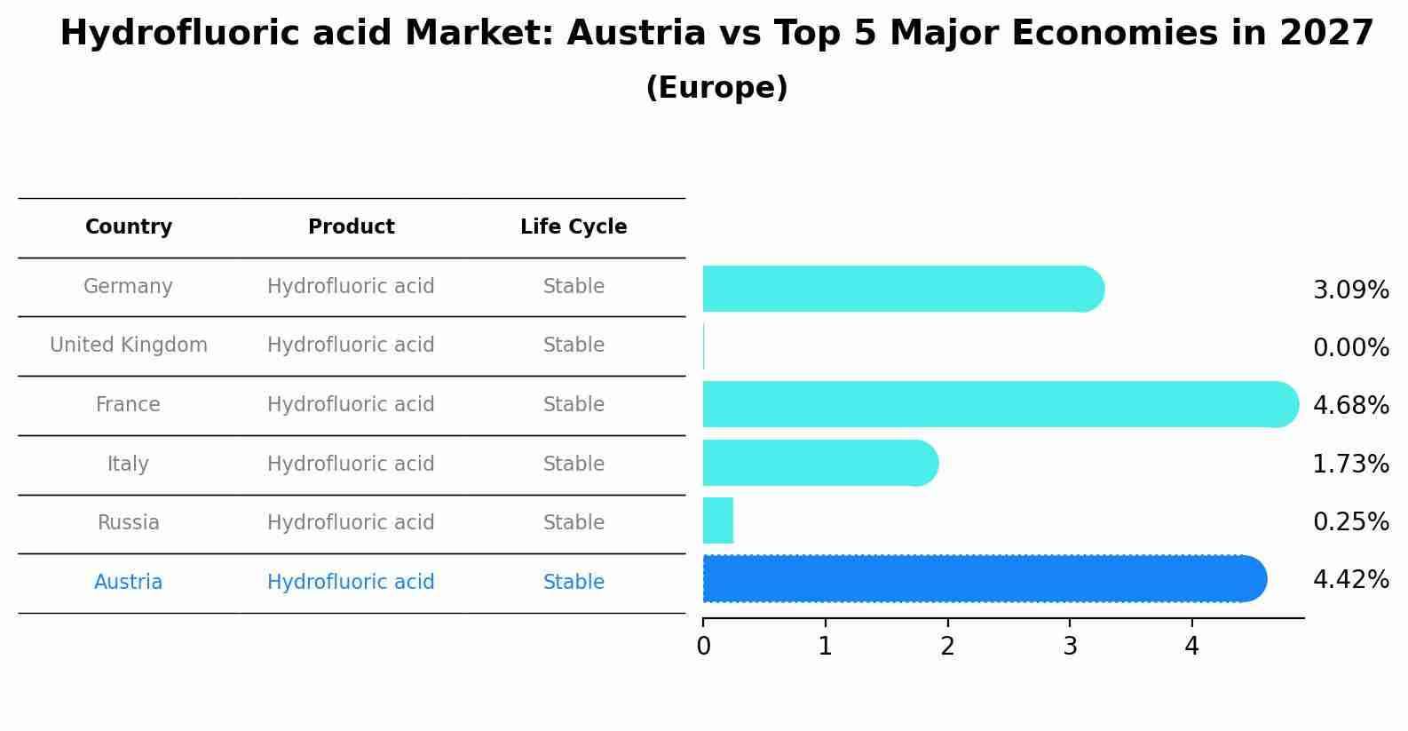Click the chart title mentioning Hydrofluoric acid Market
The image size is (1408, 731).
coord(716,34)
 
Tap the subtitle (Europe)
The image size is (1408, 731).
coord(716,88)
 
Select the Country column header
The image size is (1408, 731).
coord(129,227)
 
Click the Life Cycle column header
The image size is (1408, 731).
coord(573,227)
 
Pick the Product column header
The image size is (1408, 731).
coord(351,227)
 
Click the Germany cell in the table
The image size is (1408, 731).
coord(128,287)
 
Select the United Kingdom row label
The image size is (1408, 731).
coord(129,346)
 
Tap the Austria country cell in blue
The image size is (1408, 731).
coord(128,583)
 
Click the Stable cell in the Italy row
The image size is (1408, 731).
coord(573,465)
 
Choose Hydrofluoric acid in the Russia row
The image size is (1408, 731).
coord(351,523)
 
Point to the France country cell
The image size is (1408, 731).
coord(128,405)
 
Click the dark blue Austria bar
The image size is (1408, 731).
coord(977,579)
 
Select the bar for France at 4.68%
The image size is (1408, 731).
coord(994,404)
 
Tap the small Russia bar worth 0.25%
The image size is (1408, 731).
coord(717,520)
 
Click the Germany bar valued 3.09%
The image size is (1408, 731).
coord(897,289)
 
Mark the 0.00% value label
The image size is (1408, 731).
coord(1350,348)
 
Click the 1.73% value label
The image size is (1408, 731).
coord(1350,465)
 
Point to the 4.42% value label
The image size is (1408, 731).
coord(1350,580)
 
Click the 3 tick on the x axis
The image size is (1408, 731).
coord(1070,648)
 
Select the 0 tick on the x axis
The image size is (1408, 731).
coord(703,648)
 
